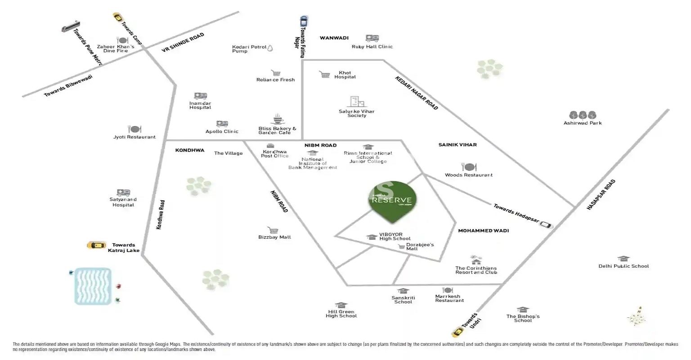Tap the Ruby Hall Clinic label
pyautogui.click(x=372, y=47)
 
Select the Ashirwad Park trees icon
pyautogui.click(x=583, y=115)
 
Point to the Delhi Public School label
pyautogui.click(x=624, y=266)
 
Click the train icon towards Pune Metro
pyautogui.click(x=71, y=27)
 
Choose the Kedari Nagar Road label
pyautogui.click(x=417, y=93)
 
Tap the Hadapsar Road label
pyautogui.click(x=601, y=195)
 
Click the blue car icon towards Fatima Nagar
pyautogui.click(x=304, y=21)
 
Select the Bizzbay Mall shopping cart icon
pyautogui.click(x=272, y=230)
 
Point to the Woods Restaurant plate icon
pyautogui.click(x=469, y=167)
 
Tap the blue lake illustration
pyautogui.click(x=93, y=286)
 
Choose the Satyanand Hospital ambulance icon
pyautogui.click(x=123, y=193)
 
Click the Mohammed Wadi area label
pyautogui.click(x=483, y=231)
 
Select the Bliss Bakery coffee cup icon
pyautogui.click(x=277, y=119)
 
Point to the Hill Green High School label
pyautogui.click(x=341, y=314)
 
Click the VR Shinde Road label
pyautogui.click(x=183, y=43)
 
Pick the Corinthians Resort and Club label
pyautogui.click(x=476, y=270)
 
